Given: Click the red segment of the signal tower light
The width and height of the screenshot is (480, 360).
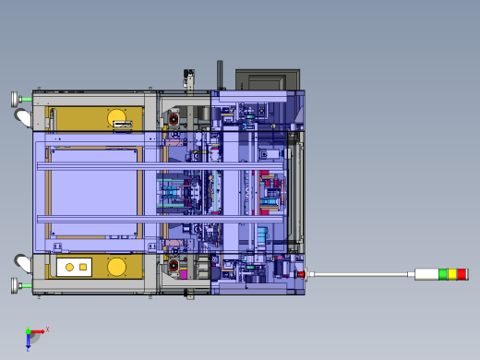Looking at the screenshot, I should coord(462,274).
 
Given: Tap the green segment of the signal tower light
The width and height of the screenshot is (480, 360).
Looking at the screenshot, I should coord(442,274).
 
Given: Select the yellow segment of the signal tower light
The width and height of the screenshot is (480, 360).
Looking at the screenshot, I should coord(451,274).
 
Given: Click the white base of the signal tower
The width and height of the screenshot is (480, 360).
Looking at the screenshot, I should coord(426,274).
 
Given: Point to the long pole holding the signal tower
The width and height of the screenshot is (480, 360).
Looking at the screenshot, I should coord(360,274).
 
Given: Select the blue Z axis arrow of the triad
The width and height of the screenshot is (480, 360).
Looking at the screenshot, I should coord(28,342).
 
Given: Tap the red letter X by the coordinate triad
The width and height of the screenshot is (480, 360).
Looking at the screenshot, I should coord(47,329).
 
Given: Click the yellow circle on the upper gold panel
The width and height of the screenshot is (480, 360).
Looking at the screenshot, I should coord(117,117).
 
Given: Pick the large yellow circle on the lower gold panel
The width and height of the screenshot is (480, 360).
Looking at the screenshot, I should coord(116,267).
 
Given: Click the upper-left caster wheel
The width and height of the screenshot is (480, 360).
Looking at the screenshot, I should coord(23,117).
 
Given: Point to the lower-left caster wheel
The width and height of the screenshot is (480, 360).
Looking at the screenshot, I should coord(23,266).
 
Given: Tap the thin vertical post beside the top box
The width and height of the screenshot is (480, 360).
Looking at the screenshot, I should coord(220,75).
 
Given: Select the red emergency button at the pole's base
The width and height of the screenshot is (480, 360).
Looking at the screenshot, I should coord(301,274).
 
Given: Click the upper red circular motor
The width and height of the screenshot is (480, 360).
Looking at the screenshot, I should coord(173,118).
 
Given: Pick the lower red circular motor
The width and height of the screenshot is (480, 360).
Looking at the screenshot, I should coord(173,267).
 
